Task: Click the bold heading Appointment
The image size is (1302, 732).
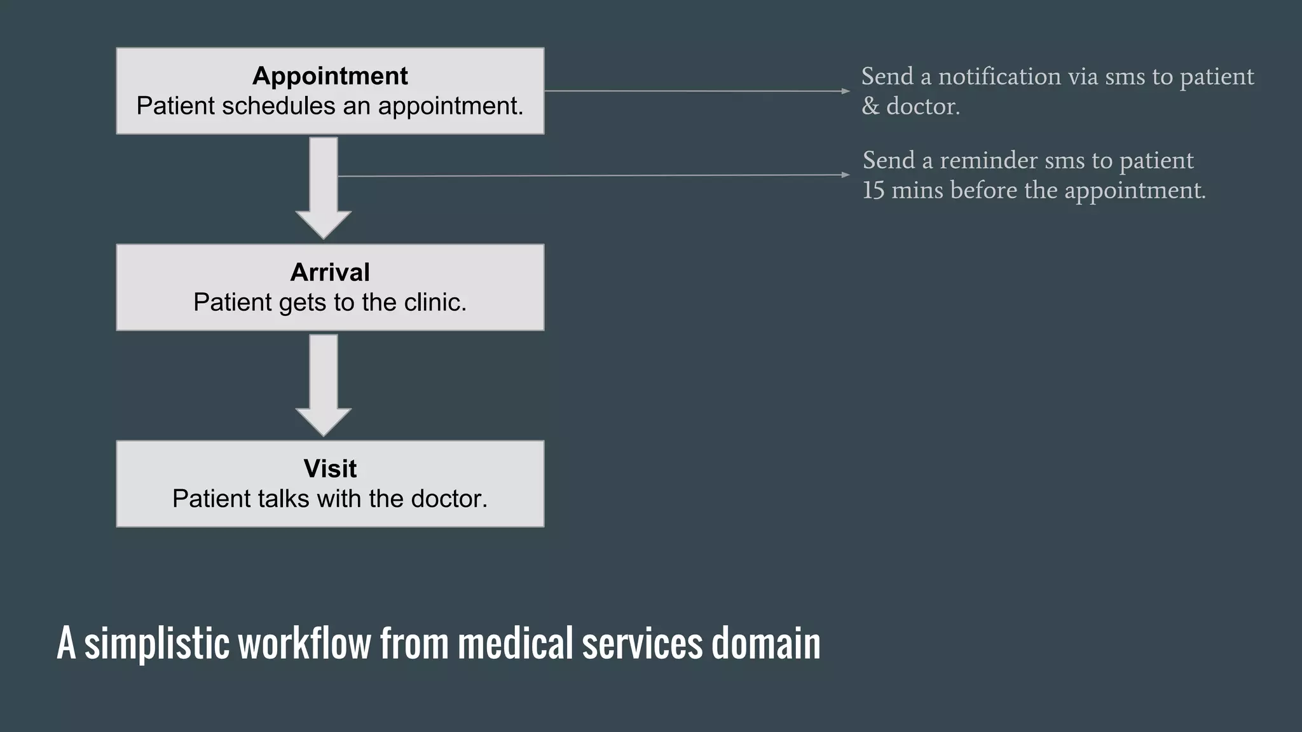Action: (x=330, y=76)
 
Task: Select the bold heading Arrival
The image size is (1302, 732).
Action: (x=330, y=273)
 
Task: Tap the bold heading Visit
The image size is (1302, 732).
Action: (x=330, y=469)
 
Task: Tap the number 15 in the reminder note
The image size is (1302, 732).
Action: (x=873, y=191)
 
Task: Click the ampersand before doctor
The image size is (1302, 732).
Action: (x=870, y=107)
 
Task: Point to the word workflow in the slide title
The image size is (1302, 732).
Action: (x=305, y=644)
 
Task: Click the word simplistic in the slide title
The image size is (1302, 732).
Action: (x=156, y=644)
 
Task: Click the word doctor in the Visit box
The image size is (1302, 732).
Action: (x=449, y=499)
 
